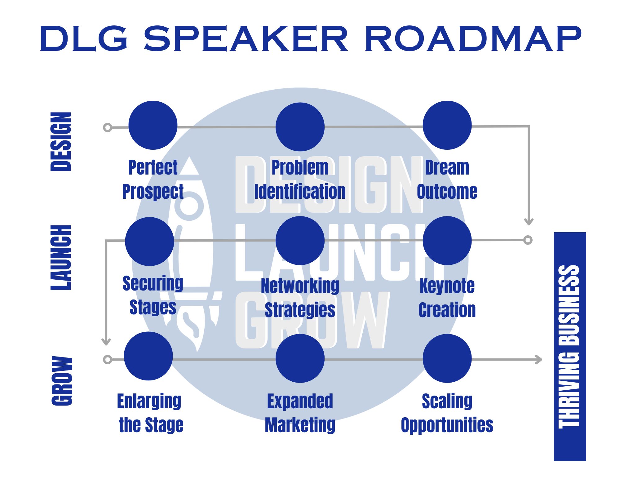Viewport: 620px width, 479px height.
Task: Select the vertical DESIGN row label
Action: coord(61,142)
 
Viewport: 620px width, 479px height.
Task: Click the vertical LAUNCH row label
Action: coord(61,258)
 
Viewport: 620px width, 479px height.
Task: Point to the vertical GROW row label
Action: coord(62,381)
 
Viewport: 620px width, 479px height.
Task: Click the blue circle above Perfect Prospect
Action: coord(153,125)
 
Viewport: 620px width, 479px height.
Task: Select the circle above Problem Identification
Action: coord(300,127)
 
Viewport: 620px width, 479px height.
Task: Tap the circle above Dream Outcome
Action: coord(447,125)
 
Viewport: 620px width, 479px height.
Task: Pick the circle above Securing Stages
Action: coord(149,242)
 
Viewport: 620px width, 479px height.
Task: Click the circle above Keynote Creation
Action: coord(447,241)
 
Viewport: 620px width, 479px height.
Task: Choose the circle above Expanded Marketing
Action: coord(300,358)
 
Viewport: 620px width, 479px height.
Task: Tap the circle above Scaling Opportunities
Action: coord(447,358)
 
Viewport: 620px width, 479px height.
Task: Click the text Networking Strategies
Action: coord(300,298)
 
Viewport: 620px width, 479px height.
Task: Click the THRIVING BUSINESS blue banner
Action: coord(570,346)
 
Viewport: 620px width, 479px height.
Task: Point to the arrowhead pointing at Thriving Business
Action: coord(539,360)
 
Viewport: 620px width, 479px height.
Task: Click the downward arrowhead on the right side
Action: coord(529,222)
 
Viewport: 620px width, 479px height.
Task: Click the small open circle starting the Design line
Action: coord(108,127)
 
